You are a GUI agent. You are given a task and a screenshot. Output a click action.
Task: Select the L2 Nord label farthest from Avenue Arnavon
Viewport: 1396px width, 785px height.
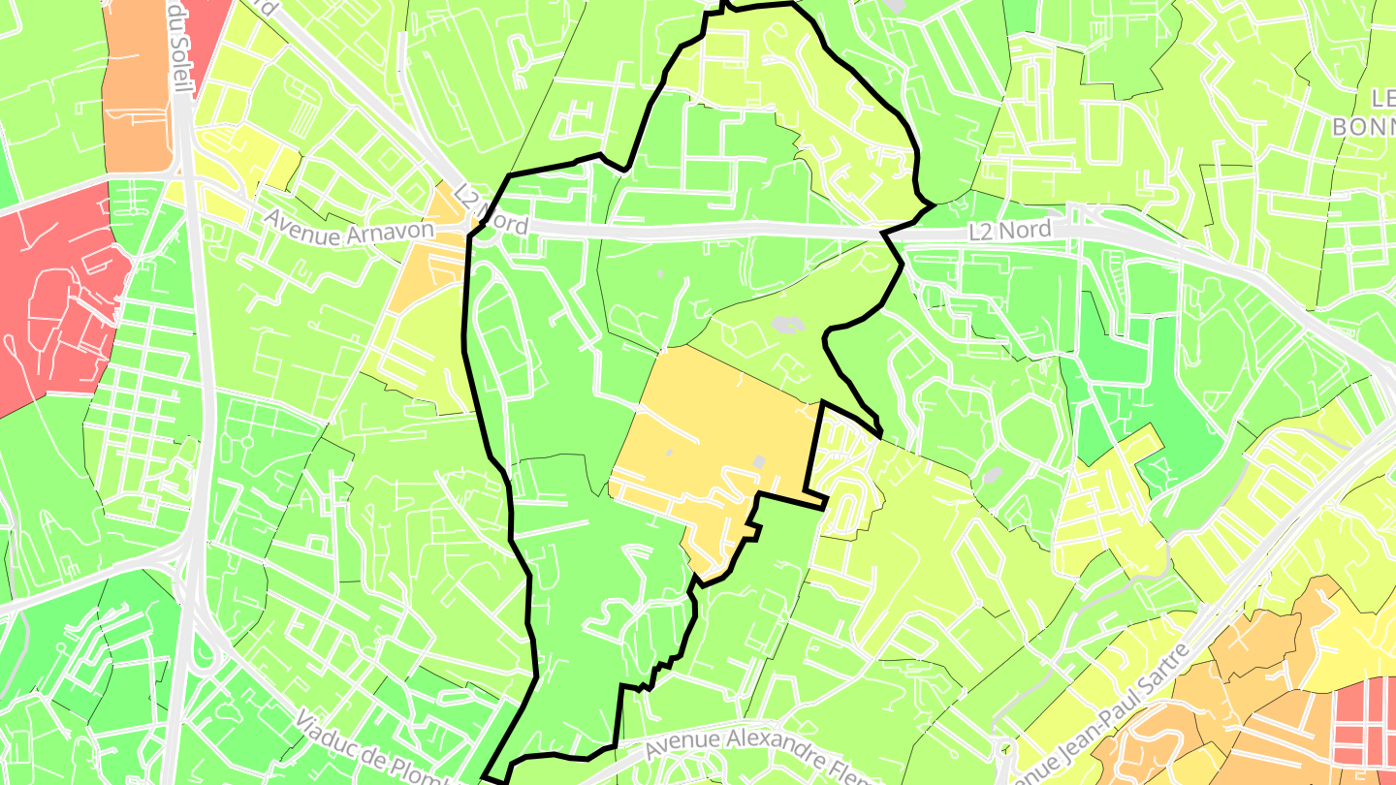[x=1009, y=231]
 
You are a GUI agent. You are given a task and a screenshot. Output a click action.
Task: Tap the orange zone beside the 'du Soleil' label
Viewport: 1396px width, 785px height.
[x=136, y=87]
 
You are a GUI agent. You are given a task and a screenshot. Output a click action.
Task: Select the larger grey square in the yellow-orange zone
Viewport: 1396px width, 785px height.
[x=759, y=463]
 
